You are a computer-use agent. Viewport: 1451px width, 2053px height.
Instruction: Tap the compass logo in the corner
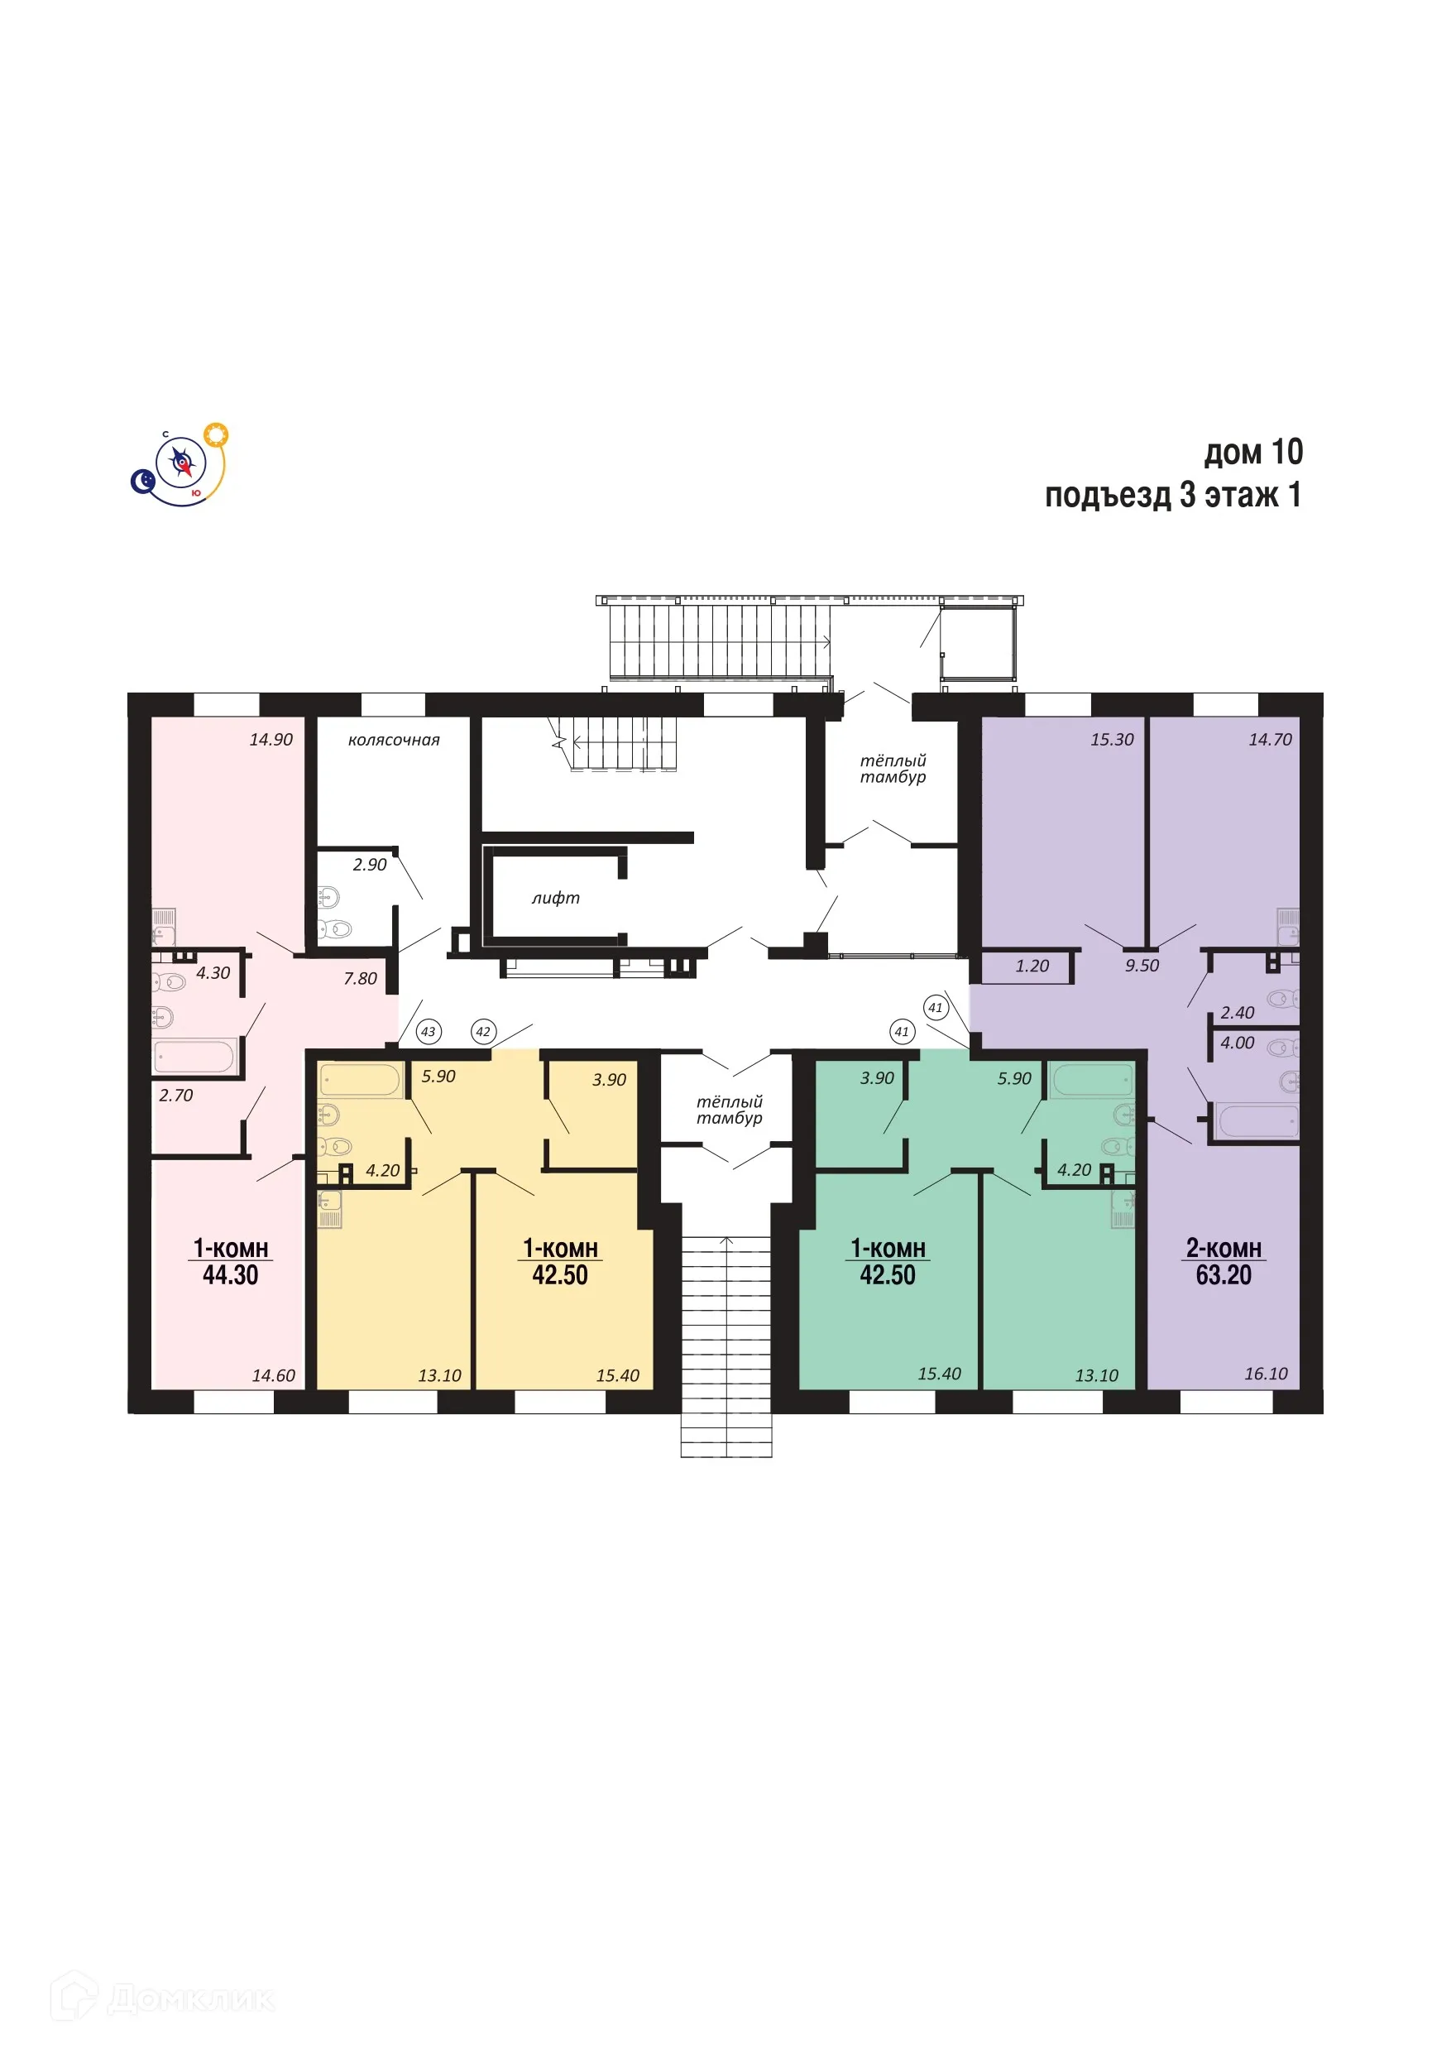(x=180, y=464)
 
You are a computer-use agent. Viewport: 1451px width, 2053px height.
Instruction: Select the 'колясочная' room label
(x=394, y=741)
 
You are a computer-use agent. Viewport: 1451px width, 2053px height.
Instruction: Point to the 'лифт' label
(x=555, y=898)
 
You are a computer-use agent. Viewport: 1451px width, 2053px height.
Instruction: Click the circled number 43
(x=429, y=1031)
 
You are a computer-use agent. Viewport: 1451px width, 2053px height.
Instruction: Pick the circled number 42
(x=483, y=1031)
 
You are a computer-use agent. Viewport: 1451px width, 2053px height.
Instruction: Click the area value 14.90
(x=271, y=740)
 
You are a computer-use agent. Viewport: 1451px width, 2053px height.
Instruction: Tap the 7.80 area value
(x=361, y=978)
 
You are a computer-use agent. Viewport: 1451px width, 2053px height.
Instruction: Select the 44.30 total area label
(x=230, y=1275)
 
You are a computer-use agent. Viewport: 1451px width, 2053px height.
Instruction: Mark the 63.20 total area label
(x=1223, y=1275)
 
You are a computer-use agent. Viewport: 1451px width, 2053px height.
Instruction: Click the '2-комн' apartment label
(x=1223, y=1248)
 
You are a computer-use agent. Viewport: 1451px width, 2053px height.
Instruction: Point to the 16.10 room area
(x=1266, y=1374)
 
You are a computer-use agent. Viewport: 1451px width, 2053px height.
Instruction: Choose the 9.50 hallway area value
(x=1142, y=966)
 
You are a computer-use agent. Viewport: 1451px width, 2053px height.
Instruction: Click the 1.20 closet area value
(x=1032, y=966)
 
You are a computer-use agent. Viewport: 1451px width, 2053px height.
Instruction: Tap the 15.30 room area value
(x=1111, y=740)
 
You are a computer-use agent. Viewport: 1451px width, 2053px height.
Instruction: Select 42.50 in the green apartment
(x=887, y=1275)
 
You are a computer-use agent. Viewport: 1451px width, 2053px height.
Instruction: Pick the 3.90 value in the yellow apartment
(x=609, y=1080)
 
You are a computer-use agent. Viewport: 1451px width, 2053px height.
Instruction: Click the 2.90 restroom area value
(x=369, y=865)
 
